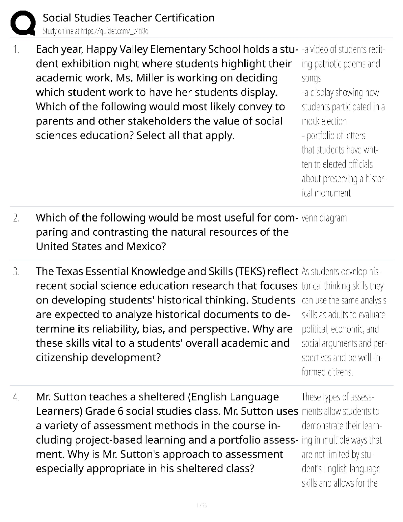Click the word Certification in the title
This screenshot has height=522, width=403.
click(x=184, y=18)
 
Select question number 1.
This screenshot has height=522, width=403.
click(x=16, y=50)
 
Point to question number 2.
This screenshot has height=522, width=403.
click(x=16, y=218)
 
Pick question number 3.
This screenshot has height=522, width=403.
click(x=16, y=272)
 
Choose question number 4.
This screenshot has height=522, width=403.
click(x=16, y=397)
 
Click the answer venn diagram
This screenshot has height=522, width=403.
click(x=324, y=218)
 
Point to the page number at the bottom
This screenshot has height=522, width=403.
click(x=201, y=505)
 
